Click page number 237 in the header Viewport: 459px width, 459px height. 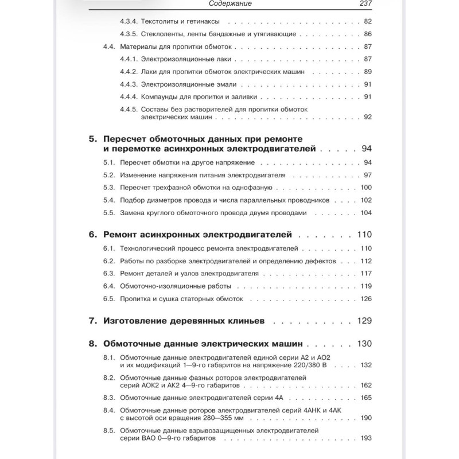click(x=364, y=4)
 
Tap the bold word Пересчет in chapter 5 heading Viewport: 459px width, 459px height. click(x=130, y=139)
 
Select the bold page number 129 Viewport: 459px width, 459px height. click(x=364, y=321)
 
